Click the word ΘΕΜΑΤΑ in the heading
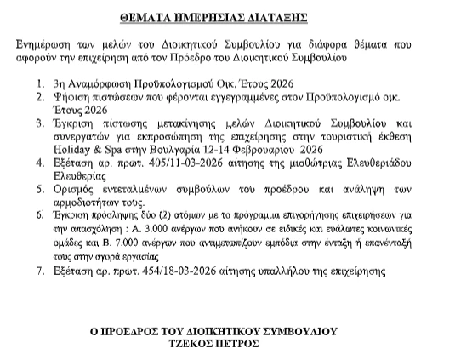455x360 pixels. click(130, 17)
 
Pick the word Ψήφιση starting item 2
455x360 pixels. click(72, 100)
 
